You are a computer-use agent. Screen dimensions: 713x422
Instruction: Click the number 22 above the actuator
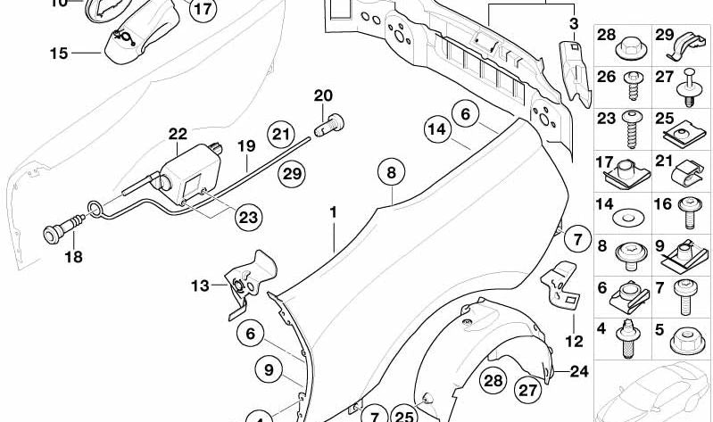[178, 134]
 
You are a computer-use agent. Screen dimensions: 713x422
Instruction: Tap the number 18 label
[74, 257]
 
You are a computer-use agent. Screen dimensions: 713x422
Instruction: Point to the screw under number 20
[329, 124]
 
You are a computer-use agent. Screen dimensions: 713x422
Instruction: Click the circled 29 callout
[292, 174]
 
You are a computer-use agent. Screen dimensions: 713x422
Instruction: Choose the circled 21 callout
[281, 134]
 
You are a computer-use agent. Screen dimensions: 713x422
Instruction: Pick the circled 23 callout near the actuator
[249, 217]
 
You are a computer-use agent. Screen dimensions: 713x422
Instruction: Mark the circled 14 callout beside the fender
[437, 129]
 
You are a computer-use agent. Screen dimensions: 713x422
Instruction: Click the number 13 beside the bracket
[200, 286]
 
